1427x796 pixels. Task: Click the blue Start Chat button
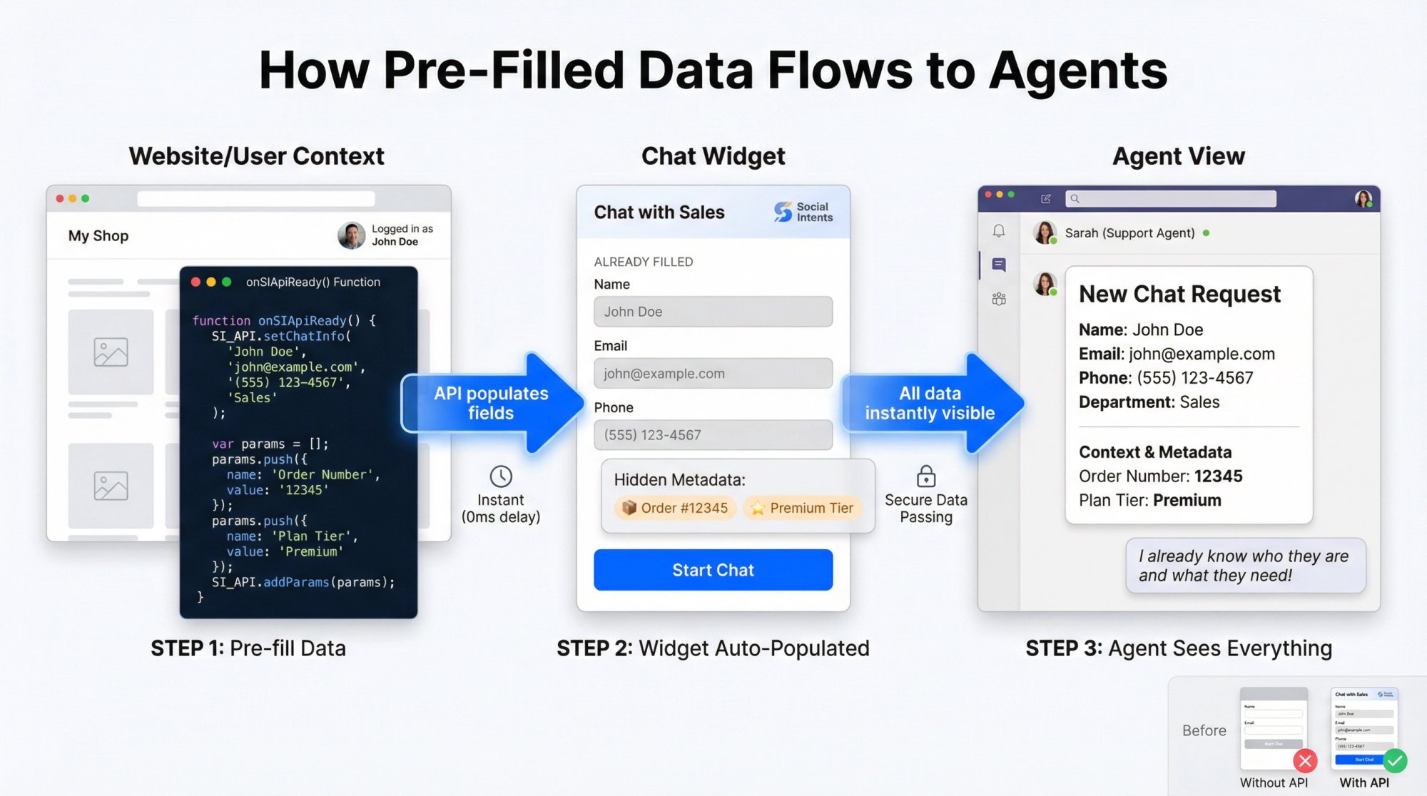713,570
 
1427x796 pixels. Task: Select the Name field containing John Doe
713,312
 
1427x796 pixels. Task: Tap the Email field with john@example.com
713,373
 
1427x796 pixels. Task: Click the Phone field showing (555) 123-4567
713,434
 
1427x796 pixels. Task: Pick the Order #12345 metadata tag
675,508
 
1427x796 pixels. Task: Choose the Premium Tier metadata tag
803,508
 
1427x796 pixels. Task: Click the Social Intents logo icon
783,212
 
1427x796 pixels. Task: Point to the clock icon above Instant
501,476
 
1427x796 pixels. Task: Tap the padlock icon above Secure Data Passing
926,476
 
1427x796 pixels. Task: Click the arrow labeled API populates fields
492,403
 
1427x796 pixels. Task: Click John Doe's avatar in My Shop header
351,235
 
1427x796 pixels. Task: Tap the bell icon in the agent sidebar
999,230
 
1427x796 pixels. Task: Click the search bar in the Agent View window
1170,198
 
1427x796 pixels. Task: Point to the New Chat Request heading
1179,294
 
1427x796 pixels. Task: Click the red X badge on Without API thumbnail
1305,761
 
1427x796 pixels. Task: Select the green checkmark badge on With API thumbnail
1395,761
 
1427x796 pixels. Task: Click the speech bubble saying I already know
1245,566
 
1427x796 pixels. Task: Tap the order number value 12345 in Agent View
1218,476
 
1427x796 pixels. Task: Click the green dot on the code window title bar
227,282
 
